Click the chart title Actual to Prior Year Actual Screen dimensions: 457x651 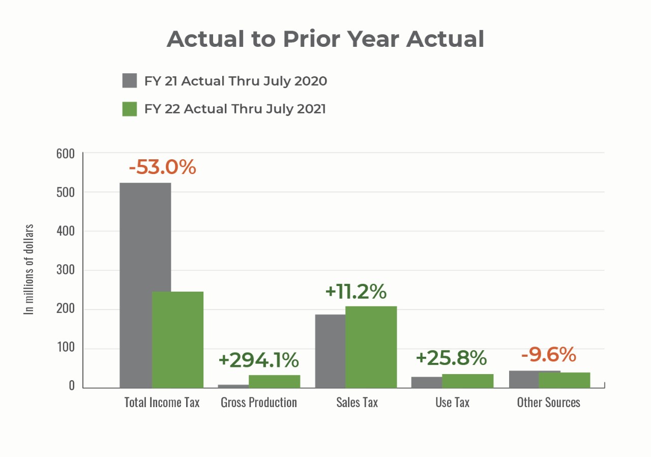click(x=325, y=39)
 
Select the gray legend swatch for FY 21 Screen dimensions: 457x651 click(x=130, y=80)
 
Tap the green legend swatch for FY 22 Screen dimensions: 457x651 click(x=130, y=109)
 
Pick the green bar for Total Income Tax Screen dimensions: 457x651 click(x=177, y=339)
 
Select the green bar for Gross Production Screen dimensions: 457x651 click(x=274, y=381)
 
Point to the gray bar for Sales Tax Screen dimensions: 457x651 click(x=330, y=351)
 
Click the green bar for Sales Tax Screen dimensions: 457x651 click(x=371, y=347)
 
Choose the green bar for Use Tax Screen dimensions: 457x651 click(x=467, y=381)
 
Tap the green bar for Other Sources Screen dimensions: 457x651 click(x=565, y=380)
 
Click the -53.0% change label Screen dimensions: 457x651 click(x=162, y=167)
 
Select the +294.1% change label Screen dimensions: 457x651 click(x=258, y=360)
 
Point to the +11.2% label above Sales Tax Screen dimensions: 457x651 click(x=356, y=292)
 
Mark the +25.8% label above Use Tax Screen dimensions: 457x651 click(x=451, y=358)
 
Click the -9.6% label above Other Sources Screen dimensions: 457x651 click(x=548, y=355)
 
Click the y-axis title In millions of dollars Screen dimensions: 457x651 click(x=29, y=269)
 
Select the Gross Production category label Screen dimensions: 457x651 click(x=258, y=403)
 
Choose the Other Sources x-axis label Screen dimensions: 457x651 click(x=548, y=403)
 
